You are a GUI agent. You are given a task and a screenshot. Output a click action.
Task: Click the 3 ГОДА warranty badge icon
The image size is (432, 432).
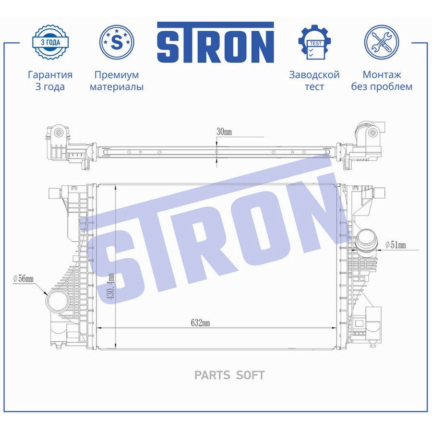[50, 42]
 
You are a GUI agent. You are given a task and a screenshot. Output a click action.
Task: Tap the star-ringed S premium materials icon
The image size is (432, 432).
[117, 42]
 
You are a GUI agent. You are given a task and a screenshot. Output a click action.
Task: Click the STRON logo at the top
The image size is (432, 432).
[216, 42]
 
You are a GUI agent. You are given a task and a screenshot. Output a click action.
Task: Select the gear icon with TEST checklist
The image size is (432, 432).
[314, 42]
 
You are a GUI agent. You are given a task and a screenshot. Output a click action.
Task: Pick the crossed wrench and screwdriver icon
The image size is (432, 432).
[381, 42]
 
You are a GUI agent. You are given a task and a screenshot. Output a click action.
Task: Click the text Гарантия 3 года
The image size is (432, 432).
[50, 81]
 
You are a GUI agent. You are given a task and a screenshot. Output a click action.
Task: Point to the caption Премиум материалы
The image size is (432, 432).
[117, 81]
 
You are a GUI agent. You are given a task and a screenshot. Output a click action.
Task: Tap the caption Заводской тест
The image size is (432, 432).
[314, 81]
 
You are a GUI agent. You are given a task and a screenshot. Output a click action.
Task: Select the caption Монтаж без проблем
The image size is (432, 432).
[382, 81]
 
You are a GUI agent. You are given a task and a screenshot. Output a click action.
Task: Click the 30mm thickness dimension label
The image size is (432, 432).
[224, 132]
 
